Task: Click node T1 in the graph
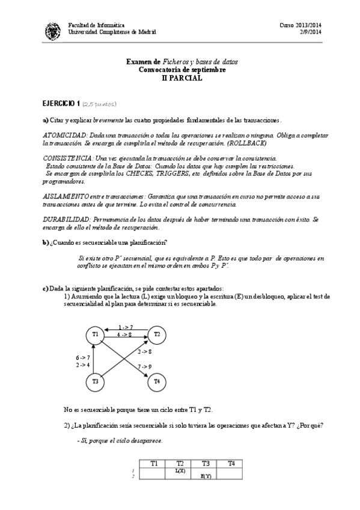95,334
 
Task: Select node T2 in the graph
157,334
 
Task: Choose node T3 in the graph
95,381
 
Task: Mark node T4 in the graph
157,381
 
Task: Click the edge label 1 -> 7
125,327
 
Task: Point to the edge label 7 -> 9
145,366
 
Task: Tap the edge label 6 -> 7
82,357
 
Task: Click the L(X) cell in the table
179,470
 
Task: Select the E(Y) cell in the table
205,476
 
